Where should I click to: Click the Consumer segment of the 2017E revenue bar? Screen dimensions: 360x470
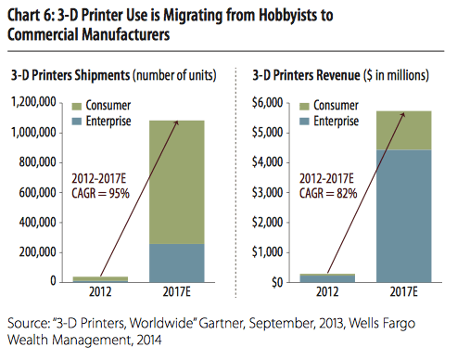pos(403,130)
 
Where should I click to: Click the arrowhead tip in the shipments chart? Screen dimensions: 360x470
pos(175,120)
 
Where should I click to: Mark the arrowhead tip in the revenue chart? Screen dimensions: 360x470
pos(404,111)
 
